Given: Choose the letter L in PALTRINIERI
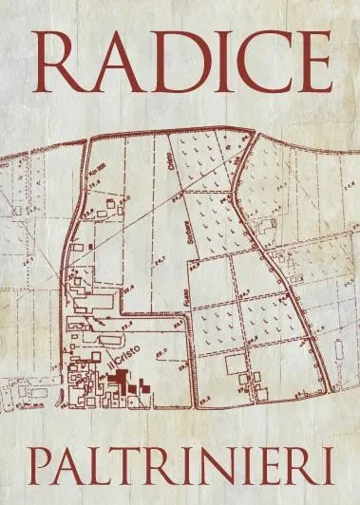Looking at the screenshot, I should coord(96,468).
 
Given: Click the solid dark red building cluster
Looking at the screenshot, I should coord(128,383).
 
